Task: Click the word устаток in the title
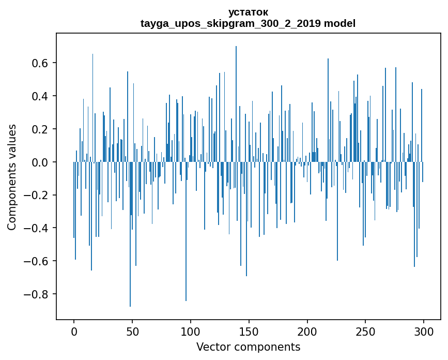[248, 12]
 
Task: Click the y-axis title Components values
[12, 177]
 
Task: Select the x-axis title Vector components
[248, 347]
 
